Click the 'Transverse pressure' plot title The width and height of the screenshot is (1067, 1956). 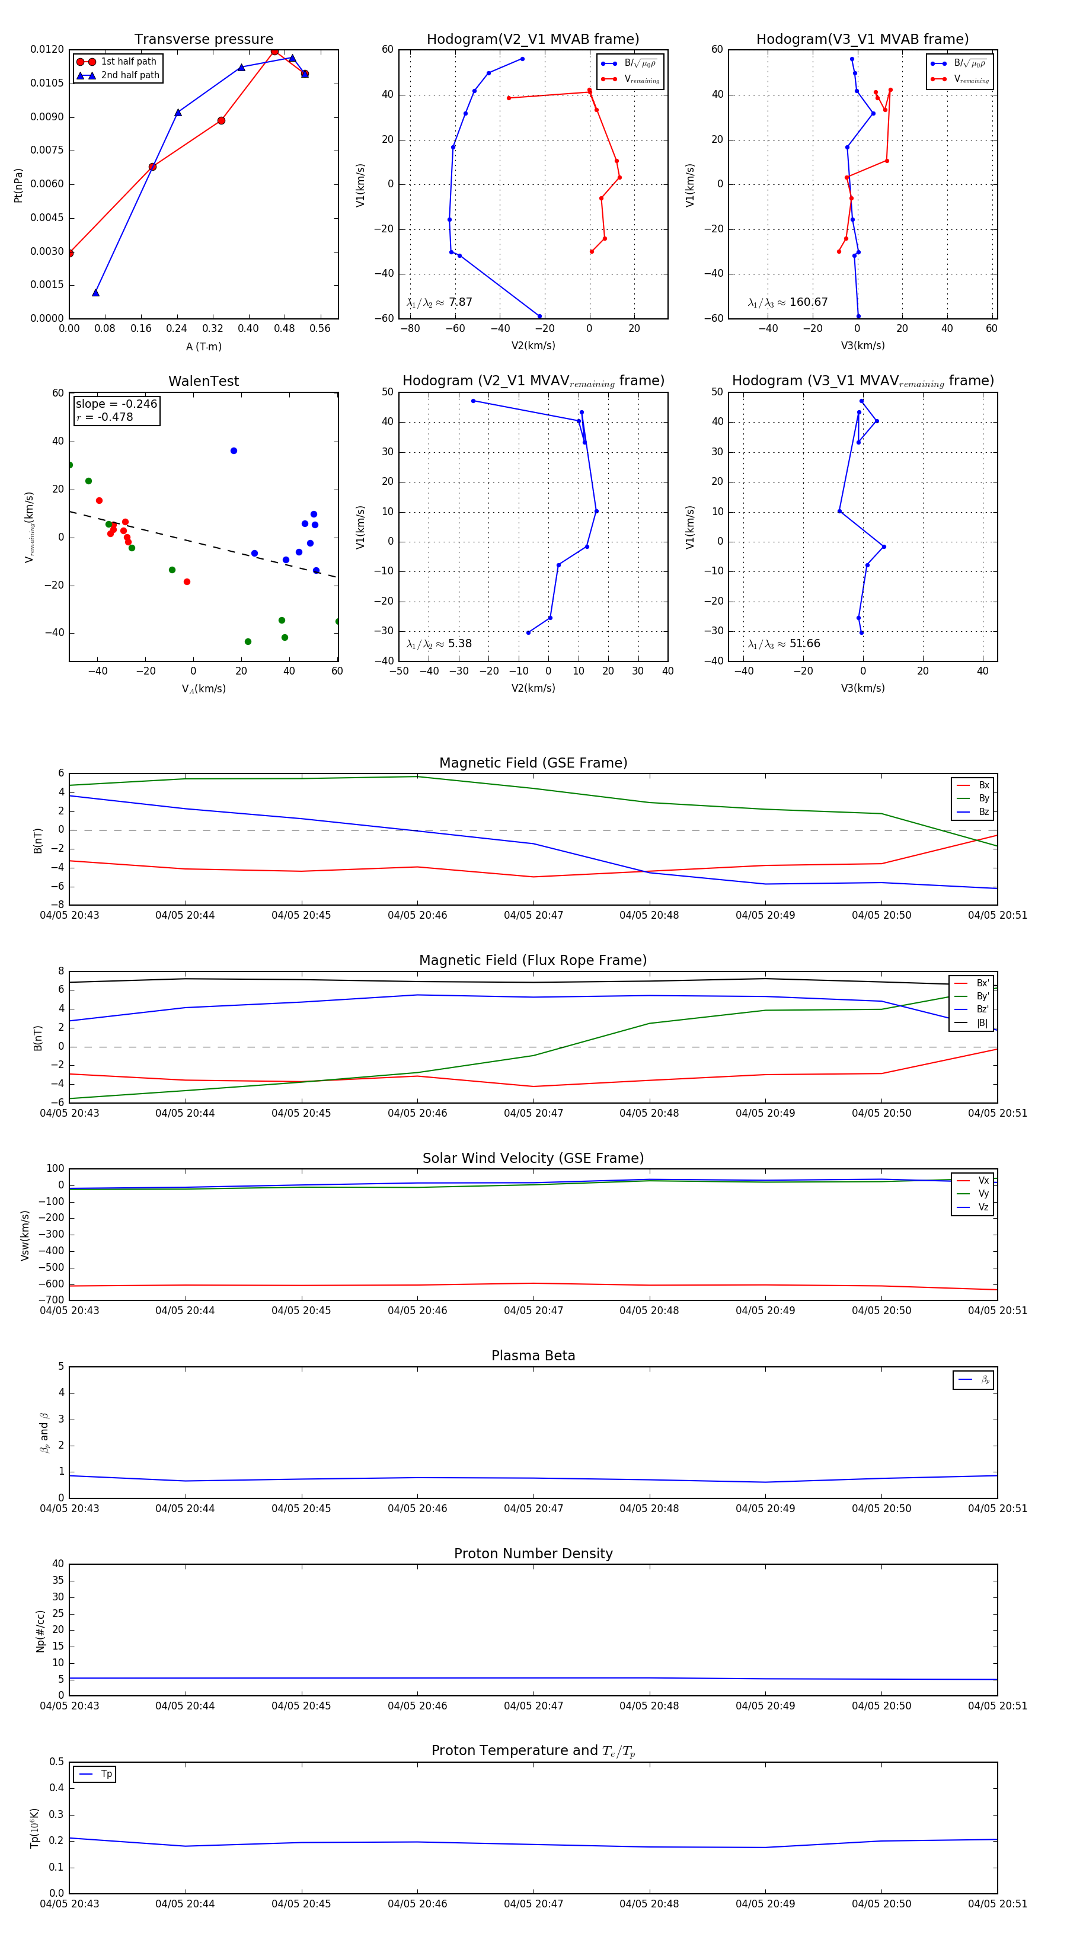pos(203,40)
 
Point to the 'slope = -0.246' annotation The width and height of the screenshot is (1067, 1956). pos(116,404)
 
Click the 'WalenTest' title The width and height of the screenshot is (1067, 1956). pos(203,381)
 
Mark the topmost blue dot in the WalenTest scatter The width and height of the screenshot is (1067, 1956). pos(234,451)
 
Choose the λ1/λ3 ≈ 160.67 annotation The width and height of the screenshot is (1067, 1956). pos(788,302)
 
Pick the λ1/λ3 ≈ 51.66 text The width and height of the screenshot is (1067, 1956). pos(784,644)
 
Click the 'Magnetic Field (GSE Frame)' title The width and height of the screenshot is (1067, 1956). pos(533,763)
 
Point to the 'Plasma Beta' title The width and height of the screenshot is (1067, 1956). pos(533,1356)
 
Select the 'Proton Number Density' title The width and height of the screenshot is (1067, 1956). pos(533,1554)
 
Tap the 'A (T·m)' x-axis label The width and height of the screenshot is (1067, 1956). pos(203,347)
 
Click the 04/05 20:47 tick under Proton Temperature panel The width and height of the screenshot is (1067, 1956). pos(533,1904)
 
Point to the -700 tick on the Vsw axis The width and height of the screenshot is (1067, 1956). pos(52,1300)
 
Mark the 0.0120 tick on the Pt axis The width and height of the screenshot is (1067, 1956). pos(47,50)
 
